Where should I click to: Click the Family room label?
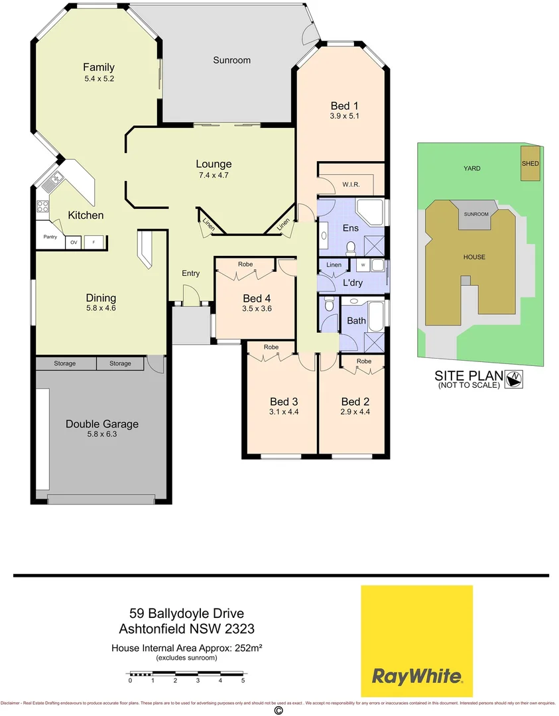(99, 67)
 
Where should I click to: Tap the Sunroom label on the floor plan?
(231, 60)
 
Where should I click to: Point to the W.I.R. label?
(351, 184)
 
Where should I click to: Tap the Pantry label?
(50, 237)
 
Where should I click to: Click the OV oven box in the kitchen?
(74, 243)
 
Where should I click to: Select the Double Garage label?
(101, 424)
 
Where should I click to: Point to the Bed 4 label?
(257, 298)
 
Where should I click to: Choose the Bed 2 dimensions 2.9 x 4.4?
(355, 412)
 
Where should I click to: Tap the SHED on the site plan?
(530, 164)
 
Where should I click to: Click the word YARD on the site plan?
(471, 168)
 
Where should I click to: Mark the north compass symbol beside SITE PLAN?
(515, 379)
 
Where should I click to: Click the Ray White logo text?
(416, 677)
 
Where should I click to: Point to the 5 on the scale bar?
(243, 681)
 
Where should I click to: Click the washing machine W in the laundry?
(363, 265)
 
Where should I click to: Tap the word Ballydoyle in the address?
(184, 615)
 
